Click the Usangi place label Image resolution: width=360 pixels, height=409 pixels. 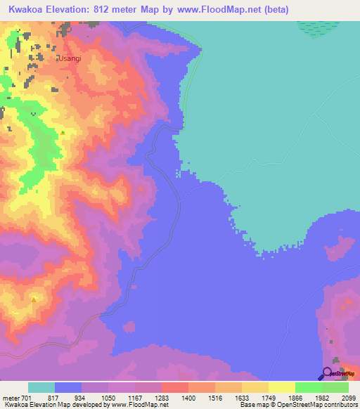(x=70, y=58)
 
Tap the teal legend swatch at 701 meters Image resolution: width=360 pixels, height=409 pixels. (x=41, y=387)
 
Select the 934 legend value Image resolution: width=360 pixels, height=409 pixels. (x=80, y=398)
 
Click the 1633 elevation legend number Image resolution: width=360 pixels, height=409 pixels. (x=240, y=398)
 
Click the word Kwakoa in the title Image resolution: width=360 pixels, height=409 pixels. (x=27, y=9)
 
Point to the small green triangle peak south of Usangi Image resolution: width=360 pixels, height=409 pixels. (x=63, y=131)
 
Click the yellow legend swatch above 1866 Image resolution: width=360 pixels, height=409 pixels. (x=281, y=387)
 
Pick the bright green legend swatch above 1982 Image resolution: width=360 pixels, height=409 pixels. (x=308, y=387)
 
